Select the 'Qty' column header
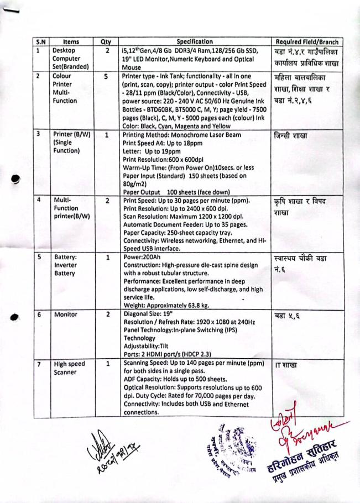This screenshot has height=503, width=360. click(x=105, y=41)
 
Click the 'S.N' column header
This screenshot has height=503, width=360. click(x=40, y=41)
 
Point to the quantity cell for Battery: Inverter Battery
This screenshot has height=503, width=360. click(x=106, y=257)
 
